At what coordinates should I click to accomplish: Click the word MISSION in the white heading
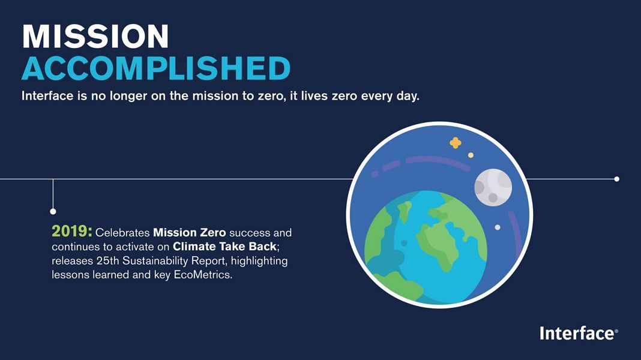tap(95, 37)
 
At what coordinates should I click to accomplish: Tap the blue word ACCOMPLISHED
tap(156, 68)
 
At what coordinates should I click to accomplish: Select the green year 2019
tap(71, 231)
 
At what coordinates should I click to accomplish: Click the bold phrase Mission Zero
tap(189, 233)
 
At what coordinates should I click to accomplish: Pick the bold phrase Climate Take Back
tap(224, 247)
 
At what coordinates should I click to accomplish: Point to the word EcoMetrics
tap(203, 275)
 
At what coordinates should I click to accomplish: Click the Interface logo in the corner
tap(579, 334)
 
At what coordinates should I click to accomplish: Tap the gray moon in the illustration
tap(493, 187)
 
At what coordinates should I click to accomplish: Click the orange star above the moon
tap(456, 143)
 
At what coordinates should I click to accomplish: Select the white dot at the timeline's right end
tap(616, 179)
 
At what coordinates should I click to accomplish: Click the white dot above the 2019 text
tap(53, 211)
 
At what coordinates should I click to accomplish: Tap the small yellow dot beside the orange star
tap(471, 155)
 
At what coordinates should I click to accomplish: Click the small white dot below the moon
tap(498, 227)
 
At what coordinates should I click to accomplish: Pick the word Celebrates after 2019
tap(122, 233)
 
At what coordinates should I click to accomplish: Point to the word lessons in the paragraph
tap(70, 275)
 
